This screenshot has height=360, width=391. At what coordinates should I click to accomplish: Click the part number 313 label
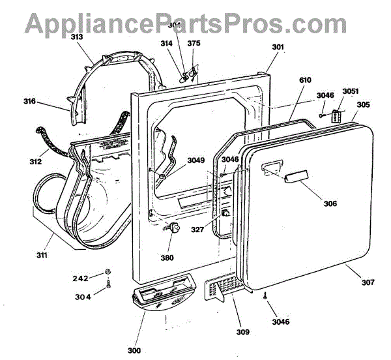tap(77, 37)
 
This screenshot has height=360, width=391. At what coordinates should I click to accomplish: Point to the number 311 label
tap(41, 255)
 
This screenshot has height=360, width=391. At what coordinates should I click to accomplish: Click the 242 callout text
tap(81, 278)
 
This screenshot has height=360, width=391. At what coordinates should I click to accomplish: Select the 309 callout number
tap(242, 333)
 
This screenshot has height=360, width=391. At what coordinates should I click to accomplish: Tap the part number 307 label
tap(368, 282)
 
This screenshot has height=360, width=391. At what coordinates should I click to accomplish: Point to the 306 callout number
tap(330, 204)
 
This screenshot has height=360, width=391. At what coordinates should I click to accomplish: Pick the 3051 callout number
tap(351, 91)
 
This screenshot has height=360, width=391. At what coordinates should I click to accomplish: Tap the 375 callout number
tap(194, 44)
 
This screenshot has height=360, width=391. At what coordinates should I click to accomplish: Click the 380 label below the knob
tap(167, 258)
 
